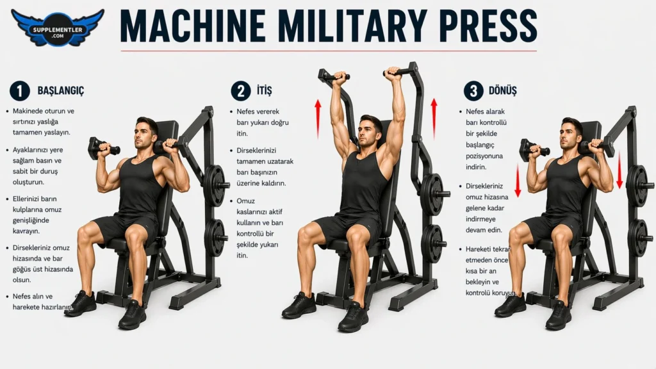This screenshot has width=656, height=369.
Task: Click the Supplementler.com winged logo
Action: point(58,28)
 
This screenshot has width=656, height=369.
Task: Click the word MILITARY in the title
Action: point(352,26)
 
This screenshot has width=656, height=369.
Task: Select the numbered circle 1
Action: point(20,91)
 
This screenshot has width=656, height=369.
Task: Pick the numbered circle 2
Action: point(241,91)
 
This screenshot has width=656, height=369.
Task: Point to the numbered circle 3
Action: point(473,91)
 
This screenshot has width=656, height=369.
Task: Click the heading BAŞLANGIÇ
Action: point(61,91)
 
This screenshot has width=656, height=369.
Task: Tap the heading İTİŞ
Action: point(265,90)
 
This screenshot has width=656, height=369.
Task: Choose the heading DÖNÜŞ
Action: point(502,90)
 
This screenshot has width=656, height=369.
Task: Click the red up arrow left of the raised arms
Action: point(318,119)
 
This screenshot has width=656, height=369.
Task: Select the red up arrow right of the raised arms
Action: point(434,119)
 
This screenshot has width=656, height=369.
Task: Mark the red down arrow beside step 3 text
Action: point(518,180)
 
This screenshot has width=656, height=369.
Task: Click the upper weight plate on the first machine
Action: point(215,185)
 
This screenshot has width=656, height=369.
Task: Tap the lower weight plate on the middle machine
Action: point(433,244)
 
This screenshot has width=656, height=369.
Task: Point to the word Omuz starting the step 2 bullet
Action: point(245,201)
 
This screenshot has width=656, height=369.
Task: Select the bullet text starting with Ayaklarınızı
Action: point(38,166)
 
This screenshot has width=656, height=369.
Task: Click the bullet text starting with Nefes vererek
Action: point(263,122)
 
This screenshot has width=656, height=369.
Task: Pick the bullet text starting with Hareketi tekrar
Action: point(489,271)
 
